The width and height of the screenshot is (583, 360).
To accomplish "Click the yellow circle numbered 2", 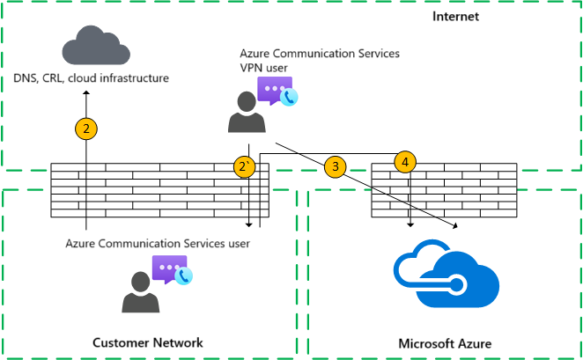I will coord(85,129).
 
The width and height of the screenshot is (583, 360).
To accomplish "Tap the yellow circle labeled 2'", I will coord(246,165).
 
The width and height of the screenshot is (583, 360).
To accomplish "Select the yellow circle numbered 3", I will coord(335,165).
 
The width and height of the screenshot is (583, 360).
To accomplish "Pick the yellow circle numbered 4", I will coord(404,162).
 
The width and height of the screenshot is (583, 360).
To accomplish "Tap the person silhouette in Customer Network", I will coord(139,292).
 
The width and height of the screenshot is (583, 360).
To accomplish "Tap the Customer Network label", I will coord(149,342).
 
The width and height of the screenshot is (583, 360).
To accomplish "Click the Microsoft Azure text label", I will coord(445,342).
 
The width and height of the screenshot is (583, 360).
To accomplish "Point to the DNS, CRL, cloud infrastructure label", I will coord(91,79).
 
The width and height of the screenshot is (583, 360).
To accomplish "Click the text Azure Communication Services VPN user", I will coord(320,59).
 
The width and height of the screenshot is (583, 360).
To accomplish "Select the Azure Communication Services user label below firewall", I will coord(158,242).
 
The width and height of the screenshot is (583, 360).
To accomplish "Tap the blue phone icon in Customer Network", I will coord(183,276).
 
